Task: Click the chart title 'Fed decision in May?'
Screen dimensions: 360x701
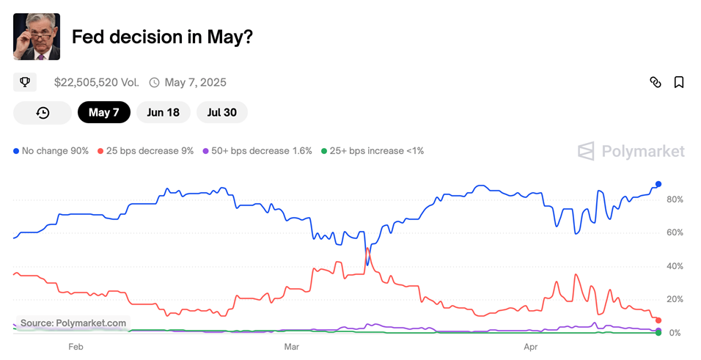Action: pyautogui.click(x=162, y=37)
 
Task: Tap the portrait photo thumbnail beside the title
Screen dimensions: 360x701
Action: pyautogui.click(x=37, y=37)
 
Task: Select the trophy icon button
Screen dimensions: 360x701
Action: pyautogui.click(x=25, y=82)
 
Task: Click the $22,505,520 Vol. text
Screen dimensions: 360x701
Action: pyautogui.click(x=96, y=82)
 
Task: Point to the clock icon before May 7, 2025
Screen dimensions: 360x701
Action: pyautogui.click(x=154, y=82)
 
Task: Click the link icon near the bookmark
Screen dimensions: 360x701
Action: pyautogui.click(x=656, y=82)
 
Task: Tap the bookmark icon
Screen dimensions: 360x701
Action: pyautogui.click(x=679, y=82)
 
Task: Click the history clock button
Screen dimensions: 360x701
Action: pyautogui.click(x=43, y=112)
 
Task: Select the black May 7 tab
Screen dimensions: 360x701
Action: pyautogui.click(x=103, y=112)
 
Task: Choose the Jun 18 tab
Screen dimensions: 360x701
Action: pyautogui.click(x=163, y=112)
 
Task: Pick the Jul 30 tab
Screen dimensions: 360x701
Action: pyautogui.click(x=221, y=112)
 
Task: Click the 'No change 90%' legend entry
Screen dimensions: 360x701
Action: pyautogui.click(x=51, y=151)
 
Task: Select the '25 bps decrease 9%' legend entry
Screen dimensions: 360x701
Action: pyautogui.click(x=145, y=151)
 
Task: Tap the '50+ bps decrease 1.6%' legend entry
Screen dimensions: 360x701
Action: pyautogui.click(x=256, y=151)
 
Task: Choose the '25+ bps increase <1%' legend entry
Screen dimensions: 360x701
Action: pyautogui.click(x=372, y=151)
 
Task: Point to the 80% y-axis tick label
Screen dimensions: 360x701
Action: pyautogui.click(x=675, y=199)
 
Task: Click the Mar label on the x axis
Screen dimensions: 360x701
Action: pyautogui.click(x=292, y=345)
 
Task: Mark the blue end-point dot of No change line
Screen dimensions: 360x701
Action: pyautogui.click(x=658, y=184)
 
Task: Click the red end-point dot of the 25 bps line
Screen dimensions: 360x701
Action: pyautogui.click(x=658, y=320)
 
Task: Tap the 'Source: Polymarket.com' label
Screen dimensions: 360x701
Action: pyautogui.click(x=73, y=323)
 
